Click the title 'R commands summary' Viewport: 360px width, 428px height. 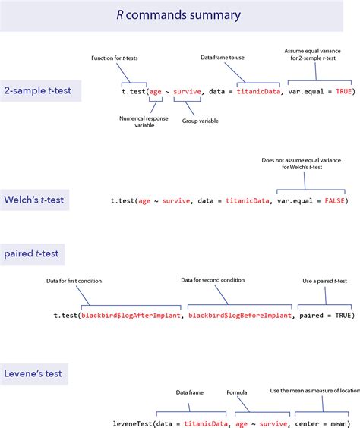click(179, 15)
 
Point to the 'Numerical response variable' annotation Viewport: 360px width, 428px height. click(143, 121)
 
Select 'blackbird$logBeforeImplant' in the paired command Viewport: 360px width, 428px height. click(239, 315)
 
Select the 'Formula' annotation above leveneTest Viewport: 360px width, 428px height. click(237, 393)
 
